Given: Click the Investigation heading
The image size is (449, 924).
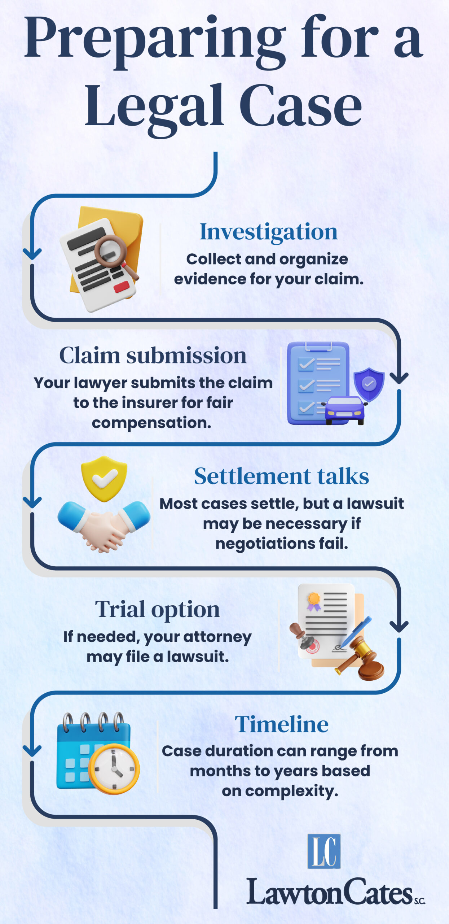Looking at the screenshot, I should click(269, 232).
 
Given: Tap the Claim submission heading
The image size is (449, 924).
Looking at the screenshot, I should click(153, 356).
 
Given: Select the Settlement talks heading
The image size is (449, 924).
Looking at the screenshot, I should click(281, 476).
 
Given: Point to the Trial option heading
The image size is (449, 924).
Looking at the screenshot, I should click(157, 610).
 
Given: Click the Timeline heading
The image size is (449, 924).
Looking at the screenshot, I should click(282, 724).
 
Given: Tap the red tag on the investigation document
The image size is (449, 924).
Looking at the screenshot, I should click(121, 287).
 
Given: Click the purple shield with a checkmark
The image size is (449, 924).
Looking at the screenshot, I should click(369, 384).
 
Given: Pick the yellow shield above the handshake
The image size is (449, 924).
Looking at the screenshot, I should click(104, 478).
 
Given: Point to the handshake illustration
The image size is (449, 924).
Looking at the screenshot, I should click(104, 526).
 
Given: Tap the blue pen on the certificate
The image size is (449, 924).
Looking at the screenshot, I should click(355, 632).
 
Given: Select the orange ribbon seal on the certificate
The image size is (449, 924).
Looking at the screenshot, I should click(314, 600).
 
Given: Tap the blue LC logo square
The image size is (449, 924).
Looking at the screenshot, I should click(324, 851).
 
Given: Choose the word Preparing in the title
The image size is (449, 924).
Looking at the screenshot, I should click(155, 40).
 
